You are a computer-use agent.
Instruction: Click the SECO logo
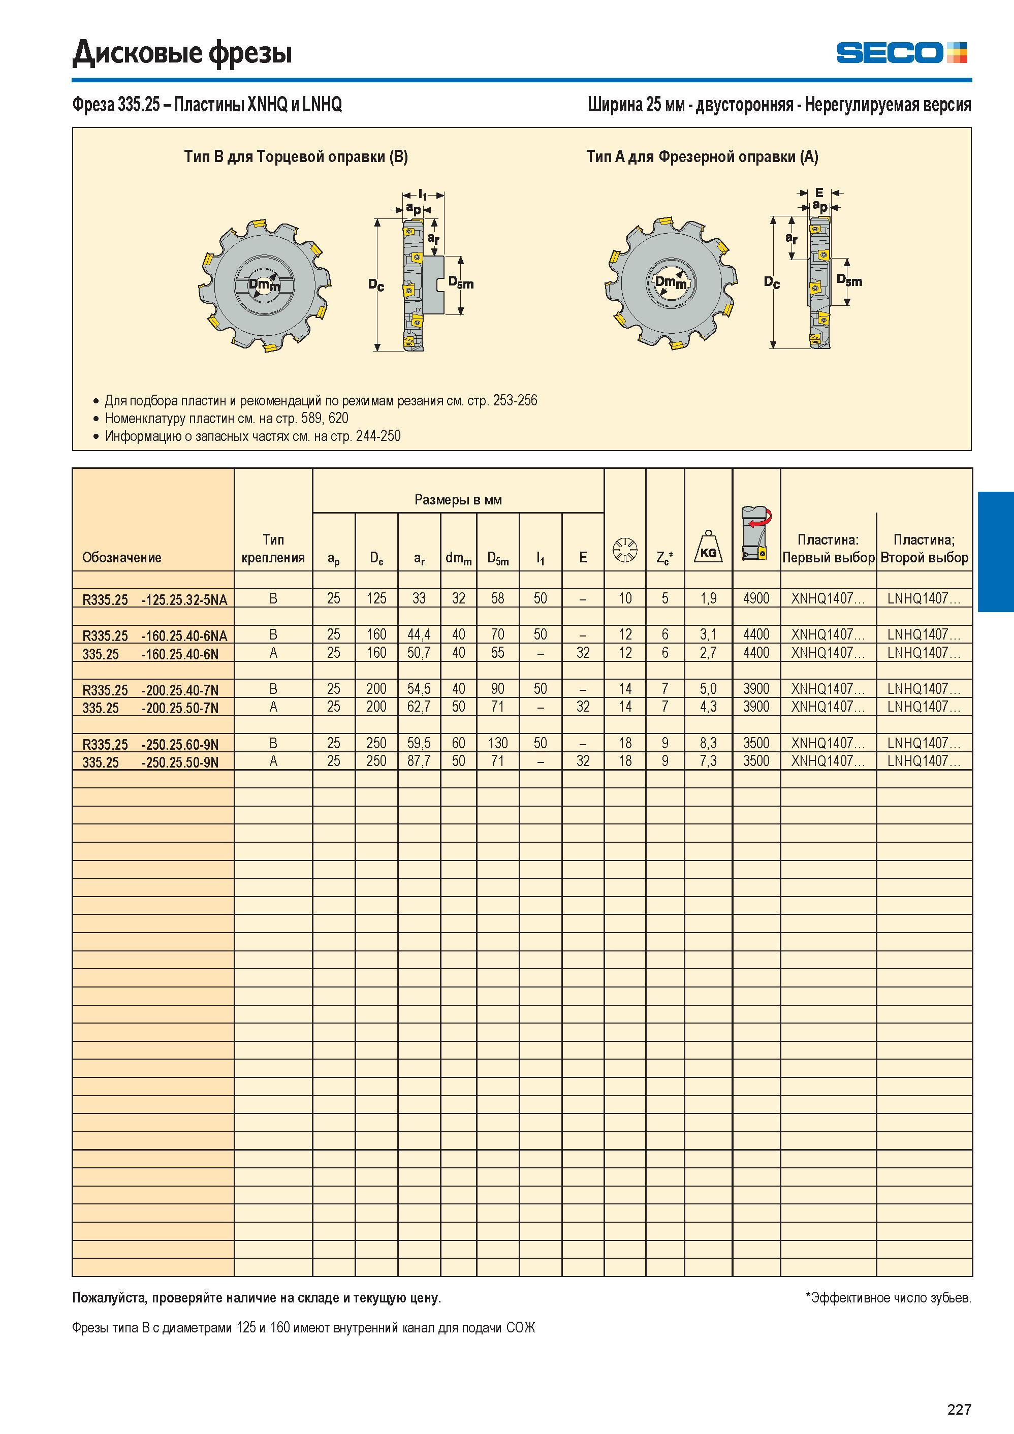point(902,52)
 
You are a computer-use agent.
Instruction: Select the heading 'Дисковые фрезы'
point(182,52)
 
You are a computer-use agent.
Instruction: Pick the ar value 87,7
point(419,761)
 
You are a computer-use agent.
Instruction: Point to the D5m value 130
point(498,743)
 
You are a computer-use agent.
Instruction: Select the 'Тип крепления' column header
point(273,549)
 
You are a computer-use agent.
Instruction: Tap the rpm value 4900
point(756,598)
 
